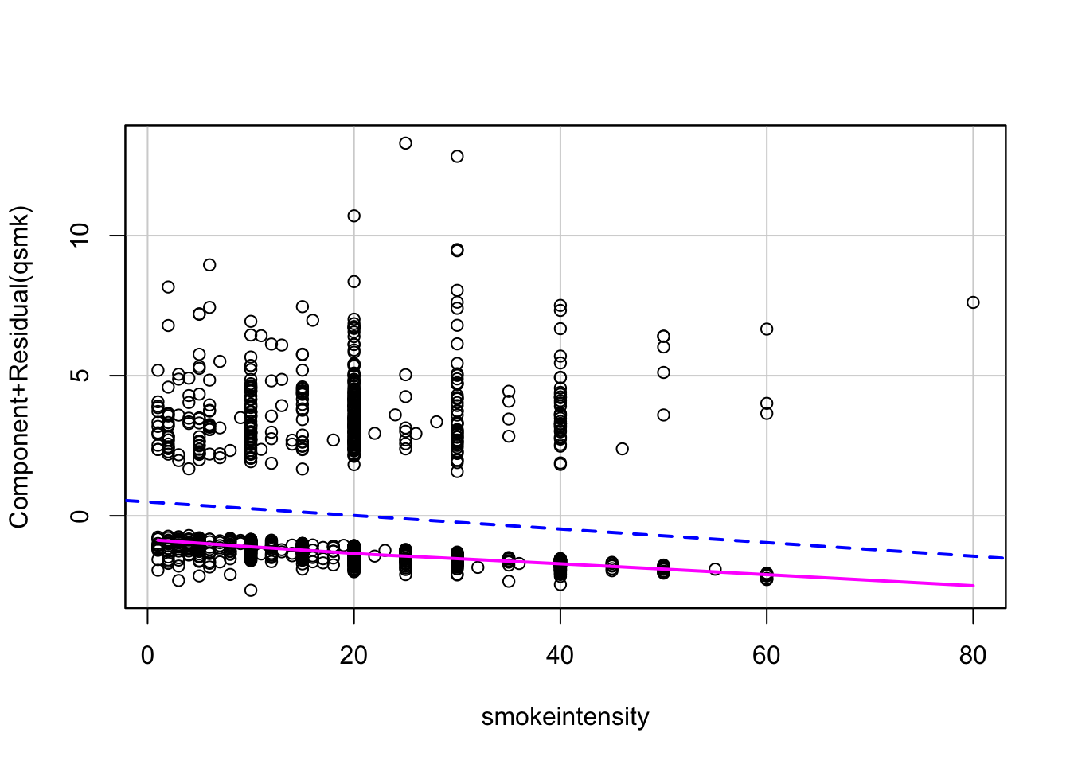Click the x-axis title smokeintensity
(x=565, y=717)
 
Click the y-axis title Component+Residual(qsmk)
(x=19, y=367)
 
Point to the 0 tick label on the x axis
(x=147, y=656)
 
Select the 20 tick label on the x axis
(x=353, y=656)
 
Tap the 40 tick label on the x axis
(x=560, y=656)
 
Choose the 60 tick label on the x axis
(x=767, y=656)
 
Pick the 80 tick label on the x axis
(x=973, y=656)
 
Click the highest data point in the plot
(x=405, y=143)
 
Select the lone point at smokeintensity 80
(x=973, y=302)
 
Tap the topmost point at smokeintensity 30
(x=457, y=156)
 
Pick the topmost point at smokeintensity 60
(x=767, y=329)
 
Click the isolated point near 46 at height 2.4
(x=622, y=449)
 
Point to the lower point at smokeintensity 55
(x=715, y=569)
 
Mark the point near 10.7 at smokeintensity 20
(x=353, y=216)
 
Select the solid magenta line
(x=717, y=570)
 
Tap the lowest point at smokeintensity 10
(x=251, y=590)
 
